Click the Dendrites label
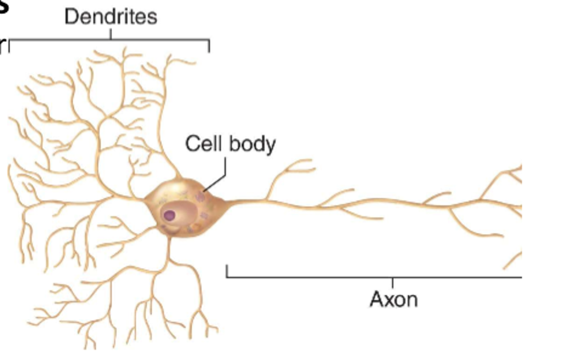pyautogui.click(x=110, y=16)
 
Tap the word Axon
pyautogui.click(x=393, y=300)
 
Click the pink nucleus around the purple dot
pyautogui.click(x=177, y=212)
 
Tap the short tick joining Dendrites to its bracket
pyautogui.click(x=111, y=34)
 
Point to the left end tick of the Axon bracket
pyautogui.click(x=227, y=271)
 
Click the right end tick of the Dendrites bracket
pyautogui.click(x=209, y=46)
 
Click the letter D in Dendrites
pyautogui.click(x=70, y=16)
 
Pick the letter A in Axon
pyautogui.click(x=376, y=300)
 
